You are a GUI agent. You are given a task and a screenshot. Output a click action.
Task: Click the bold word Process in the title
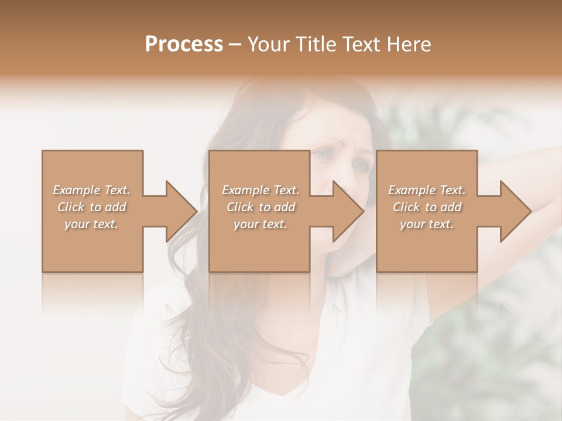184,44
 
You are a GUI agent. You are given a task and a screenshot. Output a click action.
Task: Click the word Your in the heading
266,44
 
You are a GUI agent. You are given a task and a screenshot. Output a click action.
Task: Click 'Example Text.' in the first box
92,190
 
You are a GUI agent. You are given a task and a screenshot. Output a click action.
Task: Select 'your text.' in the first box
92,224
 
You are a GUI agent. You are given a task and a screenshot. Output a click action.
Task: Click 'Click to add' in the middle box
261,207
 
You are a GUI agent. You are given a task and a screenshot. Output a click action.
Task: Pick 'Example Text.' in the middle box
261,190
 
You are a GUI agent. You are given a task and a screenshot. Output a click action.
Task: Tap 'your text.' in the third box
427,224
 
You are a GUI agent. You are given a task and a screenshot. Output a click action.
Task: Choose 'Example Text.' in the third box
427,190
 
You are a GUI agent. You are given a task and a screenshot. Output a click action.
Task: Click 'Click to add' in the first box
92,207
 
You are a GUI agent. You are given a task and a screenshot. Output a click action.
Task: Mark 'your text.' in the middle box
261,224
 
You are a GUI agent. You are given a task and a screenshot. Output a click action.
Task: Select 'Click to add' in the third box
427,207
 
